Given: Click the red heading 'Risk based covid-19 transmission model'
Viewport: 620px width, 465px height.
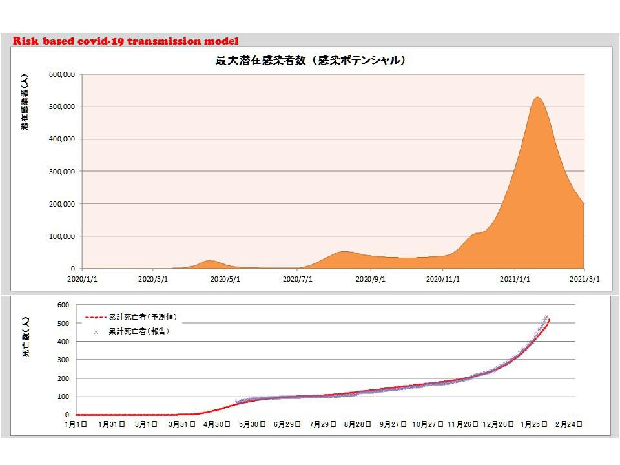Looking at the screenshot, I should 125,41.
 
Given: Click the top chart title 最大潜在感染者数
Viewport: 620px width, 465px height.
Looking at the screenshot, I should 310,61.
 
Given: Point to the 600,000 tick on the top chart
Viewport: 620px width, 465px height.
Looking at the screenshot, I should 63,74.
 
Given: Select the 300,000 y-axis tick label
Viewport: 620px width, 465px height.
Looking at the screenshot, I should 63,172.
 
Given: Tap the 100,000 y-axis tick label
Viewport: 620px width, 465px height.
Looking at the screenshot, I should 63,236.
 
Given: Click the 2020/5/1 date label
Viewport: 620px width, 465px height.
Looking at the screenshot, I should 225,280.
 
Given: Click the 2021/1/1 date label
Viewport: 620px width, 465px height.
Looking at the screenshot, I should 515,280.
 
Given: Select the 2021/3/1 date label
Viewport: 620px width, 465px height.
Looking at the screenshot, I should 584,280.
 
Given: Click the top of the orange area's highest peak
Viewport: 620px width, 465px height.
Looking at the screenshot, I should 537,98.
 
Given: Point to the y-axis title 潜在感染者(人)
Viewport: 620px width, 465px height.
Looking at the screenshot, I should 25,103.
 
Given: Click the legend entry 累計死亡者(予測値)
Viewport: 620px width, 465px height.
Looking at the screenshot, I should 142,318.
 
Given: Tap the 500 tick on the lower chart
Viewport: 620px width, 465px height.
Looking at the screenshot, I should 63,323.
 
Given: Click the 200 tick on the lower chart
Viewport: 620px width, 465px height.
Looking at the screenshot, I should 63,378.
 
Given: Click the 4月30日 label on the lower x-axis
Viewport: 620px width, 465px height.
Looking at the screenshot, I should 218,424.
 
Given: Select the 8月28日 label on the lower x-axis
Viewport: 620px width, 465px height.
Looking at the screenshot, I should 358,424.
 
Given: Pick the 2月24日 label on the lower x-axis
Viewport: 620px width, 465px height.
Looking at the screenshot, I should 568,424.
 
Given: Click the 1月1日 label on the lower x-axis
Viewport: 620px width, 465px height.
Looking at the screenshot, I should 76,424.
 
